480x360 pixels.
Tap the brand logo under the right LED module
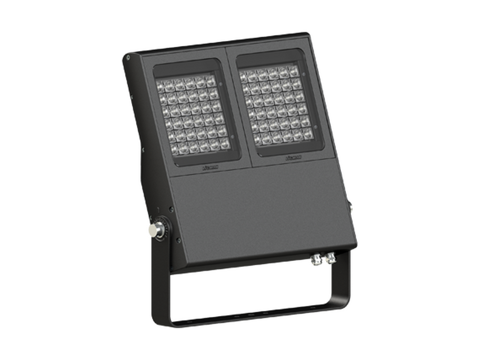coord(293,158)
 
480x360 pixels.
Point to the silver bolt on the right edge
coord(352,206)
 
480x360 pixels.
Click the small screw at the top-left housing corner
coord(128,57)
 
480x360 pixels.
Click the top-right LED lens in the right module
coord(296,69)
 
